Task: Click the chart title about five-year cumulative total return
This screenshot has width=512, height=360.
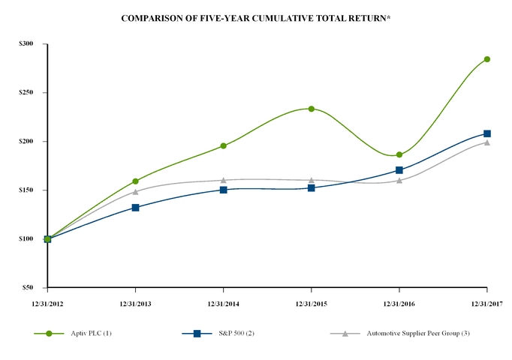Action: coord(255,16)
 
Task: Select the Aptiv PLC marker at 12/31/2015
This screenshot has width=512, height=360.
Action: coord(311,109)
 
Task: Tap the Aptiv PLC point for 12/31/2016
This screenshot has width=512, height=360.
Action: coord(399,155)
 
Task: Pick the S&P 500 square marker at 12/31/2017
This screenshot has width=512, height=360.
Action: coord(486,133)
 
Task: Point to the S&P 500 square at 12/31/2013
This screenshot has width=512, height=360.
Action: coord(135,207)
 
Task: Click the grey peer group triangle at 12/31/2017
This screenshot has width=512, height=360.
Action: coord(486,142)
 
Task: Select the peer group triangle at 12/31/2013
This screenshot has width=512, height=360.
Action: coord(135,192)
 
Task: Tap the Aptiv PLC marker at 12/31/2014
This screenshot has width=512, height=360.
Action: coord(223,146)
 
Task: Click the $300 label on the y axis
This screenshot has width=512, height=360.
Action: coord(26,44)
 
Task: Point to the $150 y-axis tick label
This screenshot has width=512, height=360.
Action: coord(26,190)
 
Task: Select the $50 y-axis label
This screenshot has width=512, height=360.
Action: coord(28,288)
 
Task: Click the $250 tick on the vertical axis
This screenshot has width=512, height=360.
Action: coord(26,93)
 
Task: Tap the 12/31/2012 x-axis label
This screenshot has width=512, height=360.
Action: coord(47,301)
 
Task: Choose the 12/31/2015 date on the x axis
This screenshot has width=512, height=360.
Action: coord(311,301)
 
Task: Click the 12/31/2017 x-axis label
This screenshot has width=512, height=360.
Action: coord(486,301)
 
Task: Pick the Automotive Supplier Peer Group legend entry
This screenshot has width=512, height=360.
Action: coord(411,333)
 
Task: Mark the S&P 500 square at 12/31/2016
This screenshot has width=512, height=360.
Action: coord(399,170)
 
